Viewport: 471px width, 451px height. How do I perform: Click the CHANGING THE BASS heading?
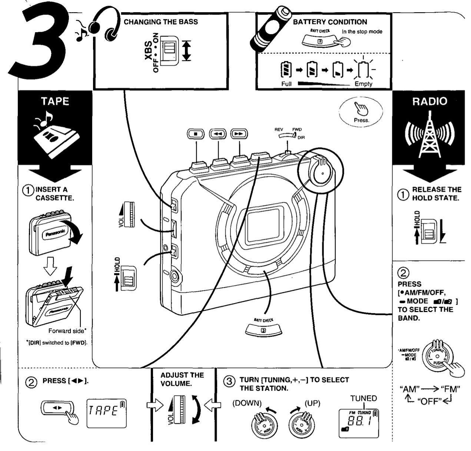tap(160, 22)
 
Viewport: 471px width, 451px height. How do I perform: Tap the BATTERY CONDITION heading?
tap(330, 22)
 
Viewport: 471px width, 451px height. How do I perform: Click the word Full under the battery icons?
tap(286, 84)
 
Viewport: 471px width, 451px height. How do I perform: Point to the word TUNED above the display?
tap(363, 398)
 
